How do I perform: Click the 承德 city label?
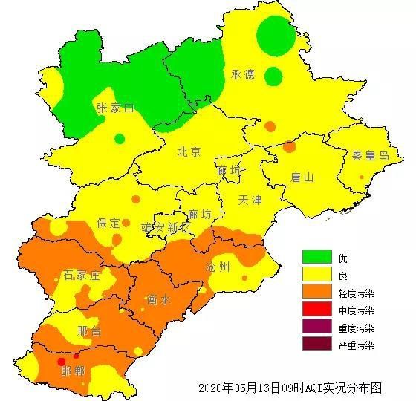[x=243, y=74]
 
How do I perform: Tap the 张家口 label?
[x=116, y=108]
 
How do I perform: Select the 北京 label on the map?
[x=189, y=152]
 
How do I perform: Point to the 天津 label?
[x=250, y=200]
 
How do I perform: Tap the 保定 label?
[x=108, y=223]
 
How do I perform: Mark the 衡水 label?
[x=158, y=301]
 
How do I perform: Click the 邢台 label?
[x=89, y=331]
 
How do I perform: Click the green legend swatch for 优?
[x=316, y=257]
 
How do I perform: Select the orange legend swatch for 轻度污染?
[x=316, y=293]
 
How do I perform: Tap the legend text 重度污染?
[x=356, y=327]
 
